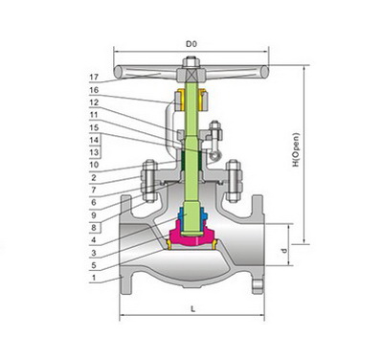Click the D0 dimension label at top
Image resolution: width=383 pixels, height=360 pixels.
click(x=191, y=44)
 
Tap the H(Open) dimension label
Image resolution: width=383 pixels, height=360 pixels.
click(x=297, y=149)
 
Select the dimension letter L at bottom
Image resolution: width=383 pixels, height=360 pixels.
click(x=192, y=309)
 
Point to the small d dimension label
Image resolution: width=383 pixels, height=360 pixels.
click(x=284, y=251)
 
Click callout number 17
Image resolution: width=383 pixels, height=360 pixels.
click(x=94, y=77)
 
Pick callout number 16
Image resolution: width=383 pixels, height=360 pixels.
click(x=94, y=90)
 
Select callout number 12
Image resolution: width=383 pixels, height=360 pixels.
click(x=94, y=102)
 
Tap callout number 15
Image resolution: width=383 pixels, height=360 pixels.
click(x=94, y=127)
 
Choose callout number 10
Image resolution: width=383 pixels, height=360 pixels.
click(x=94, y=165)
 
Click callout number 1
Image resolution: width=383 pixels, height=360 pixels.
click(x=94, y=278)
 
